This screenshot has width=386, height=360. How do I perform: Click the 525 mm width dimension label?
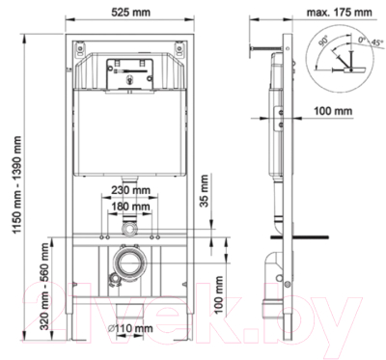point(130,13)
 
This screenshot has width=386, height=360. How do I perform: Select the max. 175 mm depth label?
point(340,13)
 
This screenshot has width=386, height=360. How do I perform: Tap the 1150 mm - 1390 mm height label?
point(16,184)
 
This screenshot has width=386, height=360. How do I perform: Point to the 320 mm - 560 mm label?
point(44,287)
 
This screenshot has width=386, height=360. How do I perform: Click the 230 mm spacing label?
point(130,190)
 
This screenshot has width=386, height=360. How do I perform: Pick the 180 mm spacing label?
point(130,206)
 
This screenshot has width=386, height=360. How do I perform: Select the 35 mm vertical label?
point(205,191)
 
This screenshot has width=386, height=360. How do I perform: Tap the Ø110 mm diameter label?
point(130,328)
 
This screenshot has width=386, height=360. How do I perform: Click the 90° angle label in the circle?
point(323,42)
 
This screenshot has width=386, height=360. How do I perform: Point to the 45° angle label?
point(377,42)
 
